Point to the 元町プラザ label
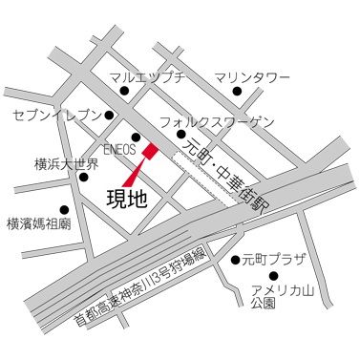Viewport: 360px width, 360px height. pyautogui.click(x=272, y=259)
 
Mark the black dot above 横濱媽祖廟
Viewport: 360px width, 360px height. pyautogui.click(x=64, y=209)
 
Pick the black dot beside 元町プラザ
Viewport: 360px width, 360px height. pyautogui.click(x=235, y=260)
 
